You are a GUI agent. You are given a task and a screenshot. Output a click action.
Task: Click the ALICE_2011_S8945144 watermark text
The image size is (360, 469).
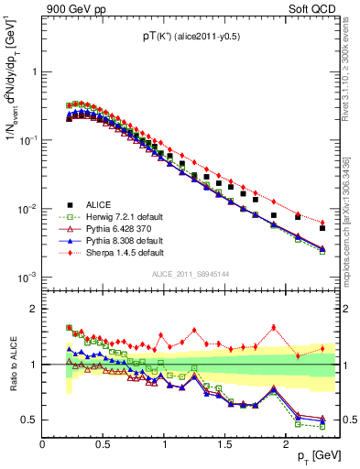(189, 273)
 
